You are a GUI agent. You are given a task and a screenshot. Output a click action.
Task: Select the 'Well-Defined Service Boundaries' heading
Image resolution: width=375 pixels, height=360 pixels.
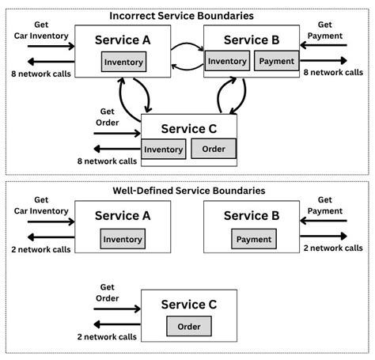coord(187,191)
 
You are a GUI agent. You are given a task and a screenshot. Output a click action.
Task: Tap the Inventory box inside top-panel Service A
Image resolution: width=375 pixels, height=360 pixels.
coord(122,62)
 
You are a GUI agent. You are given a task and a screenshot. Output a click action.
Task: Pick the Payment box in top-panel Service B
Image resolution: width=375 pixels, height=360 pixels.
coord(275,61)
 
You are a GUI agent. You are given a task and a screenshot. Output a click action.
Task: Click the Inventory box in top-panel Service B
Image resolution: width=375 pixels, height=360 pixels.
coord(227,61)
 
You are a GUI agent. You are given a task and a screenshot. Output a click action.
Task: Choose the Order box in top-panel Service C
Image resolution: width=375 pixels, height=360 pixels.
coord(214,149)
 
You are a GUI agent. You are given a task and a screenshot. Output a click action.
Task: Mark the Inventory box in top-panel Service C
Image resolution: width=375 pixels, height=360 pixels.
coord(164,149)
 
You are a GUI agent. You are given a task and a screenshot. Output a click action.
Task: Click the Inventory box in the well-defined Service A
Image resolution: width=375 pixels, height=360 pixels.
coord(122,239)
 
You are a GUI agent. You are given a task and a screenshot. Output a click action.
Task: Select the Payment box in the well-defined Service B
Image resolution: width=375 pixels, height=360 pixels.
coord(253,239)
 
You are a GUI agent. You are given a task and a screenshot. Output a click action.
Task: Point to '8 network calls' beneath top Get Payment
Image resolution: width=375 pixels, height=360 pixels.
coord(334,72)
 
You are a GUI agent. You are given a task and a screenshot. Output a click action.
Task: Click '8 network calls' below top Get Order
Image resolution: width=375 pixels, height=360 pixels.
coord(107,161)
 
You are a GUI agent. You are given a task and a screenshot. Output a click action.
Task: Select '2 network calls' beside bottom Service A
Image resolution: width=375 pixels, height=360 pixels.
coord(40,248)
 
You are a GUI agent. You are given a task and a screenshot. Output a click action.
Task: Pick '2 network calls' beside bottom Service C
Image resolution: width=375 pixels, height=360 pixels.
coord(107,336)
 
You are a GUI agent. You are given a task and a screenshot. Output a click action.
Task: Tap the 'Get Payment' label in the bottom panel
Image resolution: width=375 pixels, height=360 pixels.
coord(324,206)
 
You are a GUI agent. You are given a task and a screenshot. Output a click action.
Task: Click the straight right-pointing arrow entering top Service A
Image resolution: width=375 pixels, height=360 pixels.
coord(50,45)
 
